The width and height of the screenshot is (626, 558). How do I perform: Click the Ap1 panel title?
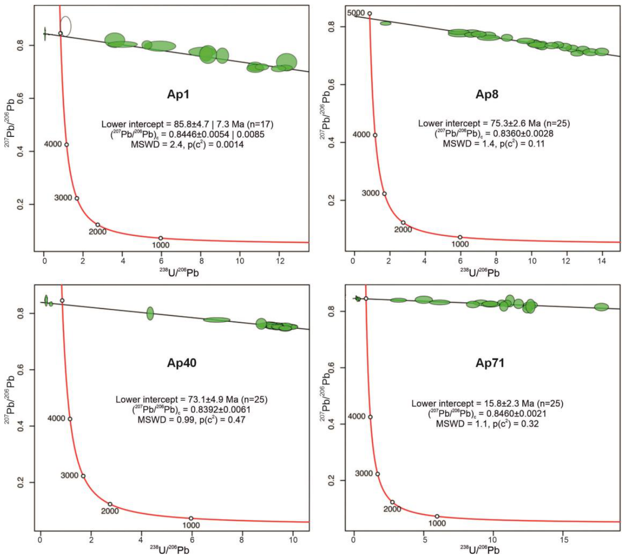(178, 94)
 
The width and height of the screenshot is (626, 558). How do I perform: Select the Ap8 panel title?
(487, 94)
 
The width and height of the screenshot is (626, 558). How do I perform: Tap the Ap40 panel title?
(182, 363)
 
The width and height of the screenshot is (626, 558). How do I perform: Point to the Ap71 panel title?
(490, 363)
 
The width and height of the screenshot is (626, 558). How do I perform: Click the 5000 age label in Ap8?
(356, 13)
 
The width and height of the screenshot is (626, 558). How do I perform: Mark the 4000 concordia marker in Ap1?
(66, 145)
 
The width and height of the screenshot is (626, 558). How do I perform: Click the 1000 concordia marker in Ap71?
(437, 516)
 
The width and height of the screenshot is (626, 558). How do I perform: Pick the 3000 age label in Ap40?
(69, 475)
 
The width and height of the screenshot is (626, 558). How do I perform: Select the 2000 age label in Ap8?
(403, 230)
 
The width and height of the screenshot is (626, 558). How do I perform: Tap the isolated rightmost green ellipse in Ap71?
(601, 307)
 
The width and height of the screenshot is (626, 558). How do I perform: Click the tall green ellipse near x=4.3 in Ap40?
(150, 313)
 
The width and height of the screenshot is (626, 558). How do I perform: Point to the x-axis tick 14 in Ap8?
(602, 261)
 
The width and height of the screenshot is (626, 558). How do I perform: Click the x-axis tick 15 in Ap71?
(564, 540)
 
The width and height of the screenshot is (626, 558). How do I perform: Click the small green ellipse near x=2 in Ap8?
(385, 23)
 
